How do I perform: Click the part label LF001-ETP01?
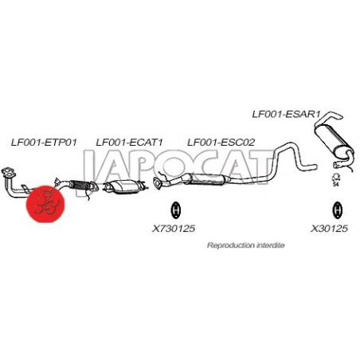tap(44, 143)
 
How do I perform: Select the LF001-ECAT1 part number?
tap(129, 143)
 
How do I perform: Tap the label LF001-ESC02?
tap(221, 143)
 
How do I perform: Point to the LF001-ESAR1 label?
tap(286, 114)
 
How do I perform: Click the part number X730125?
tap(174, 229)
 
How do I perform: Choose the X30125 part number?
tap(329, 229)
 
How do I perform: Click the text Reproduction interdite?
tap(245, 245)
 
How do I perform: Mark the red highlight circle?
tap(45, 204)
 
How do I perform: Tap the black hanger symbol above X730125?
tap(176, 209)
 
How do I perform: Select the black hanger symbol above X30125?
tap(337, 209)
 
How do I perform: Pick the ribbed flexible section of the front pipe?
tap(79, 185)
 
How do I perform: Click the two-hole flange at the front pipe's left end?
tap(8, 172)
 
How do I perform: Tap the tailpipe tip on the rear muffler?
tap(337, 116)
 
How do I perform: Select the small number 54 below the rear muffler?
tap(336, 184)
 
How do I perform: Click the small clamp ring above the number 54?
tap(337, 177)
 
